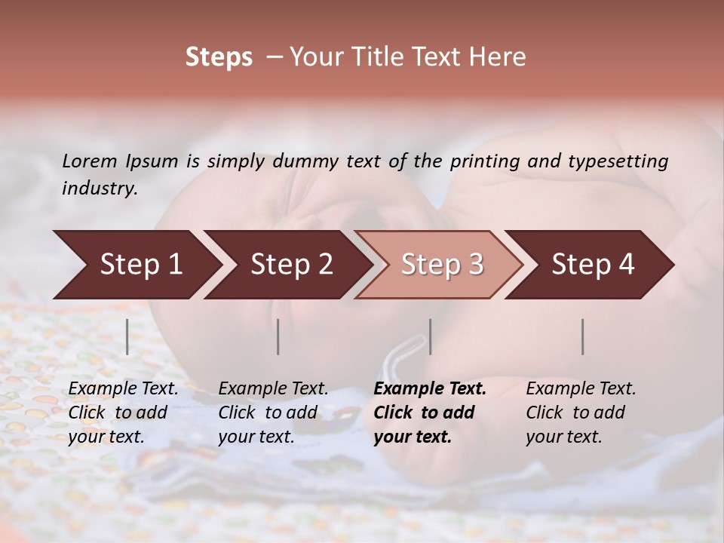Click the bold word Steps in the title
pyautogui.click(x=219, y=58)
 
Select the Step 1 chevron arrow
pyautogui.click(x=136, y=265)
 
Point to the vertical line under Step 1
pyautogui.click(x=127, y=336)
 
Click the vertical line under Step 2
pyautogui.click(x=278, y=336)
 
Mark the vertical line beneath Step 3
pyautogui.click(x=430, y=336)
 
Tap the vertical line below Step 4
pyautogui.click(x=582, y=336)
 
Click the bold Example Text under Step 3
pyautogui.click(x=430, y=412)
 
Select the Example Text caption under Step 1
pyautogui.click(x=123, y=412)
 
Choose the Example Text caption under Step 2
pyautogui.click(x=273, y=412)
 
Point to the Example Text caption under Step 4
pyautogui.click(x=581, y=412)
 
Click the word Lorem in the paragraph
pyautogui.click(x=90, y=161)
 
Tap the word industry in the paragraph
pyautogui.click(x=99, y=188)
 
